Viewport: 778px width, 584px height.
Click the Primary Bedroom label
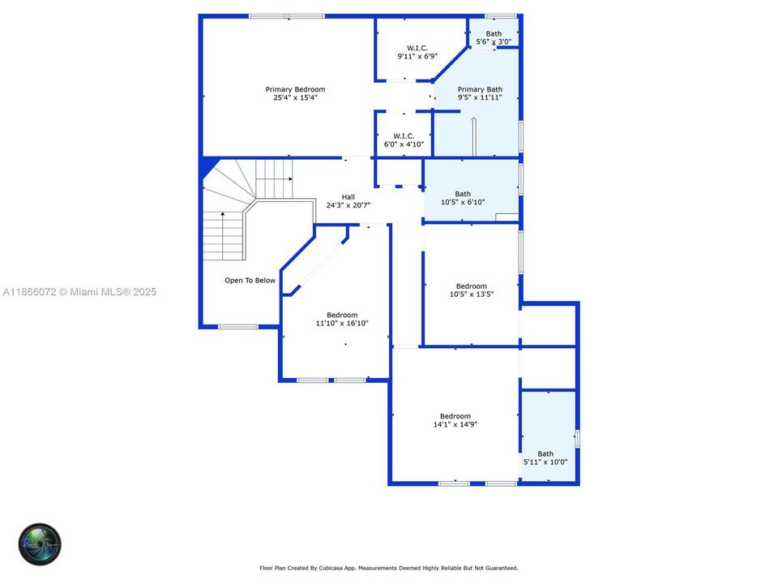coord(295,89)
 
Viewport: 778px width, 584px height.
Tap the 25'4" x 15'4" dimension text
coord(295,97)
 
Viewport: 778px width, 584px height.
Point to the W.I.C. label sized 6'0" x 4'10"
coord(404,135)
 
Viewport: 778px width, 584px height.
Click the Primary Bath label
coord(480,89)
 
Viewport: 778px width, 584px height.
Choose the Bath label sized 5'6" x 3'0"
coord(494,33)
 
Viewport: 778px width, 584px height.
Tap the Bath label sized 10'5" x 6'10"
coord(463,194)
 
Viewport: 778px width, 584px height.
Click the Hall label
coord(348,196)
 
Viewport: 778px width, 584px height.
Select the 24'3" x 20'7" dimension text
coord(348,205)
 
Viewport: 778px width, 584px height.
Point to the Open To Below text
coord(250,281)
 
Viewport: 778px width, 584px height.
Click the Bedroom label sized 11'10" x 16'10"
coord(342,315)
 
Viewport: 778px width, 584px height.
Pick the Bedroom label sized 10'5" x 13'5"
coord(472,286)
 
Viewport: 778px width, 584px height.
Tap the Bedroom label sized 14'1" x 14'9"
coord(455,416)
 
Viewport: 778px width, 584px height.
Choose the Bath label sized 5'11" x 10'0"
coord(545,453)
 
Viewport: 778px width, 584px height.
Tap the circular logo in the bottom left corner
coord(40,543)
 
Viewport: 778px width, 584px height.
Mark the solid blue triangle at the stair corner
coord(208,167)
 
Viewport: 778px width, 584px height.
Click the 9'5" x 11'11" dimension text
coord(480,97)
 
